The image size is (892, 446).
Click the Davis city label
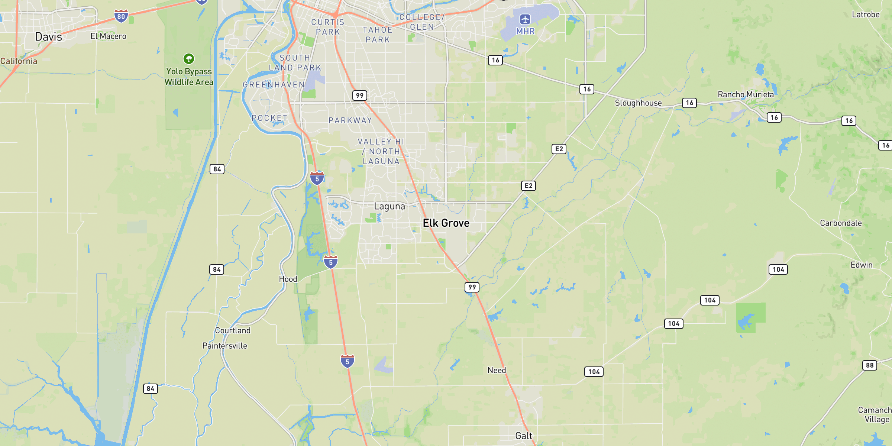(x=48, y=37)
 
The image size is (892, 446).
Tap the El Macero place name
(x=109, y=36)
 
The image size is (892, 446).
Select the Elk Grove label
(x=446, y=223)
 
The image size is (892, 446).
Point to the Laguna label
(x=390, y=206)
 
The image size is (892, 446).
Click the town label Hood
(x=288, y=279)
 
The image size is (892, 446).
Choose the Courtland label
(x=233, y=330)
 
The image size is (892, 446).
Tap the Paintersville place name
(x=224, y=346)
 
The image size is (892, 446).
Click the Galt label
(x=524, y=436)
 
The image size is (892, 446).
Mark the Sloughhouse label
(x=638, y=103)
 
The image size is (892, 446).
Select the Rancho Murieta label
(x=746, y=94)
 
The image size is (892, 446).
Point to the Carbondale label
(x=841, y=223)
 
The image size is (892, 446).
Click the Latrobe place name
(x=866, y=14)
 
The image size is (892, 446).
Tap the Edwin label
(x=862, y=265)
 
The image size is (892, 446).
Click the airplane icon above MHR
(x=525, y=19)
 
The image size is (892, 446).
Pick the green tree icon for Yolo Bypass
(x=189, y=58)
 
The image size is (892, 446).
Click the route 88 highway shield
(x=870, y=365)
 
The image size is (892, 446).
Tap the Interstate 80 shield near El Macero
(x=121, y=16)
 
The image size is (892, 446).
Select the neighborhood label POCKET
(x=269, y=118)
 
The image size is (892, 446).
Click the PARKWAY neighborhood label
(x=350, y=120)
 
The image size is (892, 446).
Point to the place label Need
(x=497, y=370)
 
